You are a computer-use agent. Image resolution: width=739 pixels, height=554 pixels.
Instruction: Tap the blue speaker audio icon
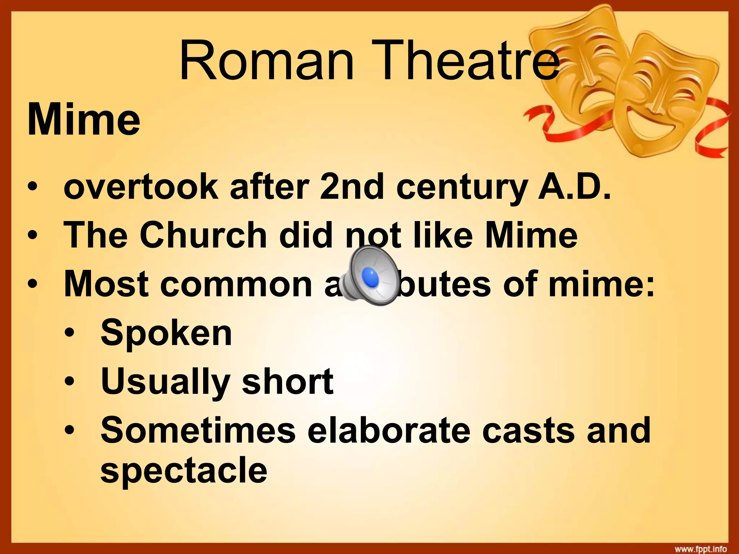(369, 277)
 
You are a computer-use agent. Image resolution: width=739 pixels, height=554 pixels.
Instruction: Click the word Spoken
(166, 333)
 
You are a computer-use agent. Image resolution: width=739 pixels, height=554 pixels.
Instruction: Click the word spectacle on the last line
(184, 471)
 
